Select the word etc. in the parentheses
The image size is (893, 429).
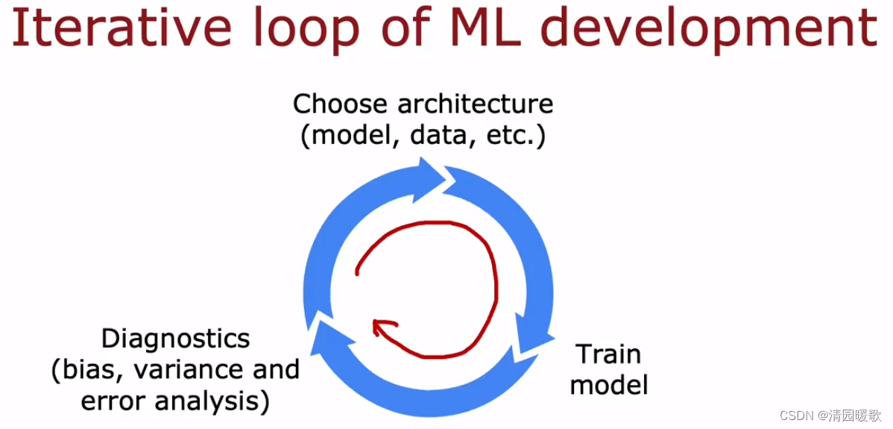tap(514, 137)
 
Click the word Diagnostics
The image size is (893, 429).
tap(175, 339)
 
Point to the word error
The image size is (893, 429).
tap(112, 401)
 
